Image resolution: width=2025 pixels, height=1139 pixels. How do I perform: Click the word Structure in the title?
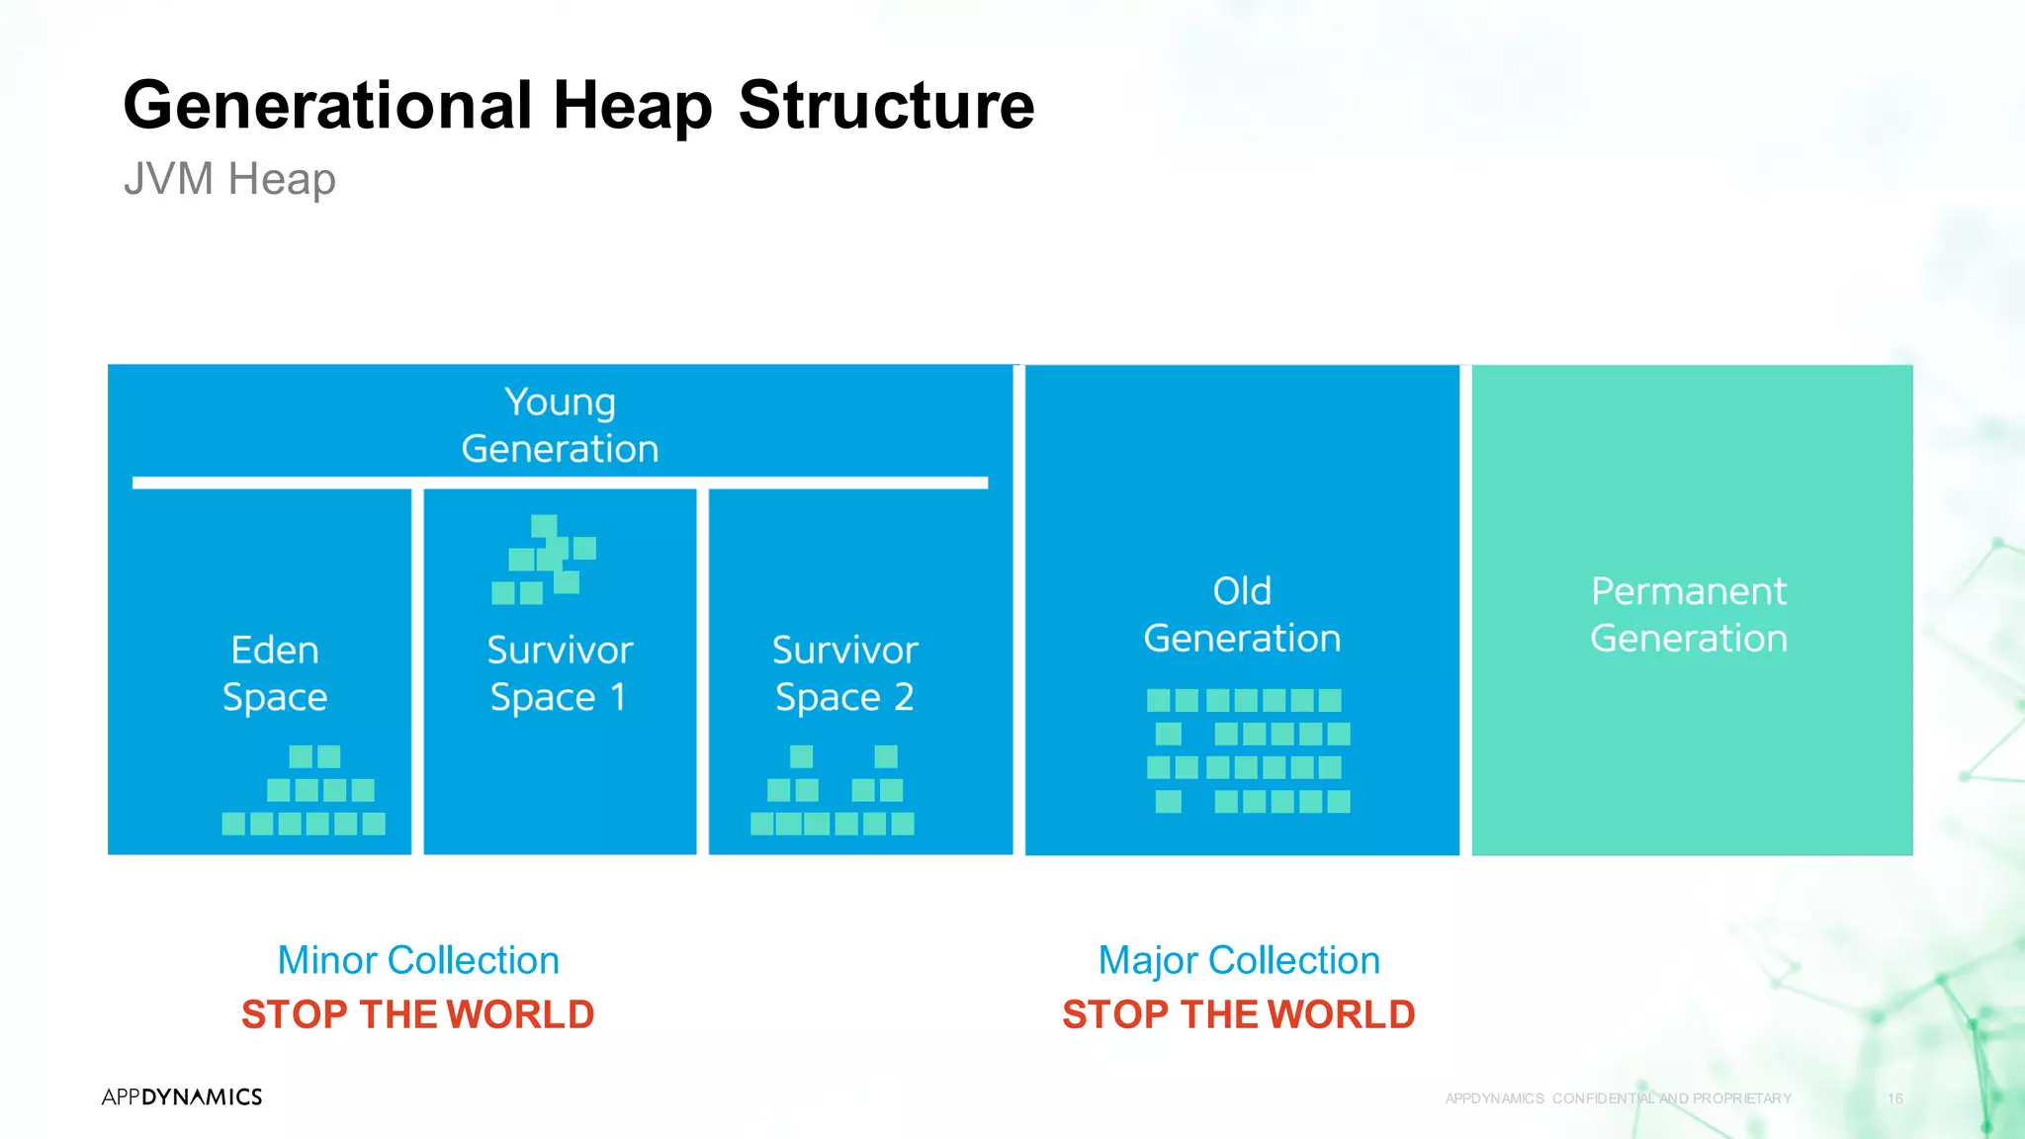click(886, 105)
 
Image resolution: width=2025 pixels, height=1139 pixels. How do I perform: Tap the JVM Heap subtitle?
click(229, 179)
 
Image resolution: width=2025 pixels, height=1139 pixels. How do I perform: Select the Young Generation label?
click(560, 425)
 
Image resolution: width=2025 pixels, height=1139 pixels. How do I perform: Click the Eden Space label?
click(275, 673)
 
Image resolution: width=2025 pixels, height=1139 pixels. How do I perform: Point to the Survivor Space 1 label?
click(560, 673)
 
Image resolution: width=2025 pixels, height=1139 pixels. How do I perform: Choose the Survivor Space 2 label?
click(844, 673)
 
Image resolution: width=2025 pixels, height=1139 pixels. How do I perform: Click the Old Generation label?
click(1242, 614)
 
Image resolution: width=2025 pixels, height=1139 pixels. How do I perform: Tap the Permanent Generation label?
click(1689, 614)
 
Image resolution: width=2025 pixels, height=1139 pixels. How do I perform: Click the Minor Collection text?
click(418, 960)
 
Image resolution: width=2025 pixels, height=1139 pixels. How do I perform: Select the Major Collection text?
click(1239, 960)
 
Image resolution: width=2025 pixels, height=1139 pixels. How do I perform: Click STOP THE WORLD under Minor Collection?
click(418, 1014)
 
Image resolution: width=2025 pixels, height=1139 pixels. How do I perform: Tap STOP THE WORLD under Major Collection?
click(1239, 1014)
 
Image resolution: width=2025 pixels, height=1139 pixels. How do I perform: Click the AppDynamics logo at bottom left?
click(182, 1096)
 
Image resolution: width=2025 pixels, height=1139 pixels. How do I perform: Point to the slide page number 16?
click(1894, 1098)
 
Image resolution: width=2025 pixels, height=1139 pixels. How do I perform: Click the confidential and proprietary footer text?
click(1618, 1098)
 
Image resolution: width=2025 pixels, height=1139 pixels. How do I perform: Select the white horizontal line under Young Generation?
click(560, 482)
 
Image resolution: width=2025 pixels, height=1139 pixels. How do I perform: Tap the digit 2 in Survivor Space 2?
click(903, 697)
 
